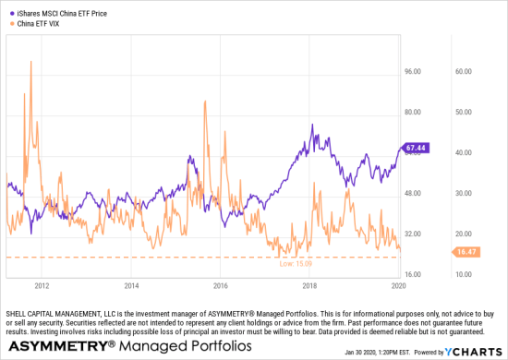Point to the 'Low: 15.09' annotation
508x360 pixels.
(296, 263)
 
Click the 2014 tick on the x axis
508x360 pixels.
(131, 286)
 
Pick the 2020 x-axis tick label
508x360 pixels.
(399, 286)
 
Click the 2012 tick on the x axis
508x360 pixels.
(42, 286)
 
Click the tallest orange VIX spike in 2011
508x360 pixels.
(31, 63)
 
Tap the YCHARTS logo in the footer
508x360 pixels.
(477, 353)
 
